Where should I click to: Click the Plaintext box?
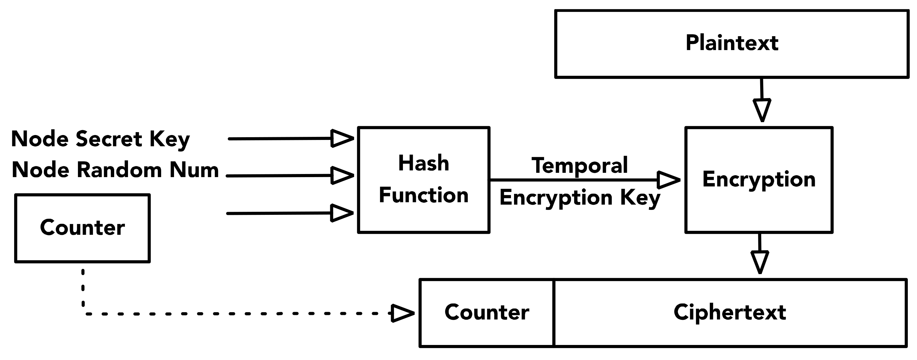pos(732,44)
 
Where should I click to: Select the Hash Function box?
pos(423,180)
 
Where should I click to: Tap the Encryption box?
pos(759,180)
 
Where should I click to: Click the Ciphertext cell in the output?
pos(730,313)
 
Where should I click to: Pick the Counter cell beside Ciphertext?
pos(487,313)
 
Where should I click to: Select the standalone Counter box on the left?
pos(82,228)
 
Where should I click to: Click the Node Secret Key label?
pos(100,139)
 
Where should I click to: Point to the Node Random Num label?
pos(115,170)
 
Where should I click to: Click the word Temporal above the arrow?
pos(579,166)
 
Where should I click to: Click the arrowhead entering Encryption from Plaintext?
pos(762,110)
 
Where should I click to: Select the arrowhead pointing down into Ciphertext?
pos(760,262)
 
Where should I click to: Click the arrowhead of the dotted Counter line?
pos(402,313)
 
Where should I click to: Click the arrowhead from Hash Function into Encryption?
pos(667,180)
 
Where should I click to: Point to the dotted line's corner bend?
pos(84,313)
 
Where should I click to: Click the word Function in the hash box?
pos(423,195)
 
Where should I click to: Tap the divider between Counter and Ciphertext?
pos(554,313)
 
